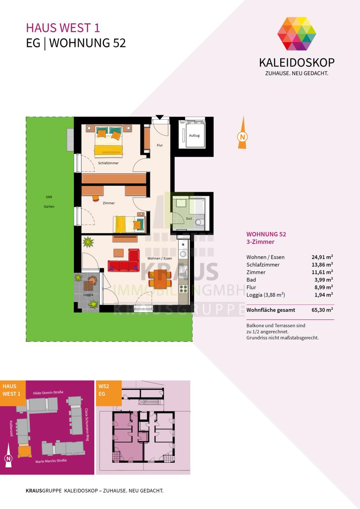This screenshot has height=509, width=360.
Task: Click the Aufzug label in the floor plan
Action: [x=194, y=135]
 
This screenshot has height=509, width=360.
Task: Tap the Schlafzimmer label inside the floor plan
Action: [x=108, y=163]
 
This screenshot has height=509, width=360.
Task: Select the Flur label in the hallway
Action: [x=160, y=145]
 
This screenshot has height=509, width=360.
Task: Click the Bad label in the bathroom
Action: [x=189, y=218]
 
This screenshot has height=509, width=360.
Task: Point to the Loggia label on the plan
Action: [x=88, y=294]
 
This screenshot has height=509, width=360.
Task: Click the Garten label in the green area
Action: [x=49, y=207]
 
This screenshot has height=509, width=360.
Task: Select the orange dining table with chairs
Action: [x=160, y=279]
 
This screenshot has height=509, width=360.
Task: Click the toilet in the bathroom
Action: [x=198, y=222]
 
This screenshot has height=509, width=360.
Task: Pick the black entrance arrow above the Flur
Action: [x=160, y=117]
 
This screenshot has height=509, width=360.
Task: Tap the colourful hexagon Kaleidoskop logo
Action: [x=297, y=34]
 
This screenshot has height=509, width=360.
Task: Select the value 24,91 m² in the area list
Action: [x=322, y=257]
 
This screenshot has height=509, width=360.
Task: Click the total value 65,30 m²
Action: [x=322, y=310]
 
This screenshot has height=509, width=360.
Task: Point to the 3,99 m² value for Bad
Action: [x=323, y=280]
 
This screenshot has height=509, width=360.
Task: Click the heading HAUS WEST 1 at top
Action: [x=63, y=28]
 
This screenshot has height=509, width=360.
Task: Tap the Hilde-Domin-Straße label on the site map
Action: [x=48, y=392]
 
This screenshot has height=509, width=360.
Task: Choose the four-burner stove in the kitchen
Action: [x=183, y=289]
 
